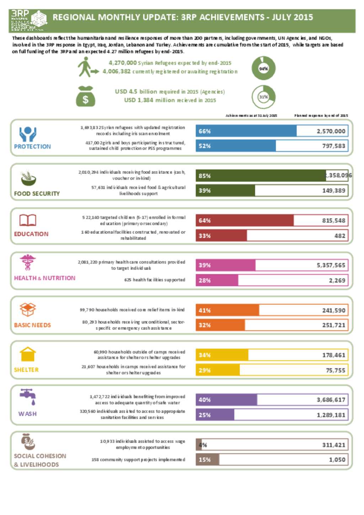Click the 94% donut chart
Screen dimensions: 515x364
coord(263,68)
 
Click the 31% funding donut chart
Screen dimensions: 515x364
coord(263,97)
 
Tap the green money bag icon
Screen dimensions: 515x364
coord(86,97)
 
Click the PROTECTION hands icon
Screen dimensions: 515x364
coord(28,134)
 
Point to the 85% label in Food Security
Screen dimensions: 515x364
coord(205,176)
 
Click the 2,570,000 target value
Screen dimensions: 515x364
coord(331,131)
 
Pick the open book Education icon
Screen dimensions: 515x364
coord(28,220)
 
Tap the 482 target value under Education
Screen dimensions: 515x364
coord(340,236)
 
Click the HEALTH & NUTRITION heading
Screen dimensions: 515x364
coord(45,278)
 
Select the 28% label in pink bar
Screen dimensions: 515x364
coord(205,280)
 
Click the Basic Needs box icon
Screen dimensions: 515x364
coord(28,310)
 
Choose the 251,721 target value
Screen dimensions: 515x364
coord(334,325)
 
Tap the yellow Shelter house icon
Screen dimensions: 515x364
coord(28,354)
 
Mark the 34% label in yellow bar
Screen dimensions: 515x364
coord(205,355)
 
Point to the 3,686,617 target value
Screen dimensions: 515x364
coord(331,400)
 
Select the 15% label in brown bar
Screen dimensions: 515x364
coord(205,460)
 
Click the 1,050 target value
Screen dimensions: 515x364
coord(337,460)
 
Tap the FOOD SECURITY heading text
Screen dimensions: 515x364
coord(37,194)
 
